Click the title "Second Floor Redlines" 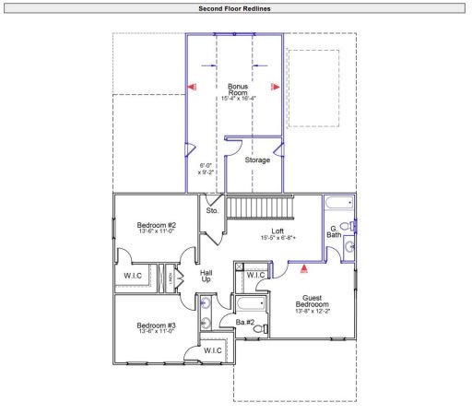coord(234,8)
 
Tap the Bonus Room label coord(238,90)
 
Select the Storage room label coord(257,160)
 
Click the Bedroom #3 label coord(157,326)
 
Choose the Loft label coord(277,231)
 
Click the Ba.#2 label coord(244,322)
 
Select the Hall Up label coord(206,276)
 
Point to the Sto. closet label coord(213,210)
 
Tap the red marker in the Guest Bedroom coord(304,269)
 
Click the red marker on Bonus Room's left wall coord(193,86)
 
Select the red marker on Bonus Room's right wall coord(274,87)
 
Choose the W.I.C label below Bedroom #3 coord(214,350)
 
